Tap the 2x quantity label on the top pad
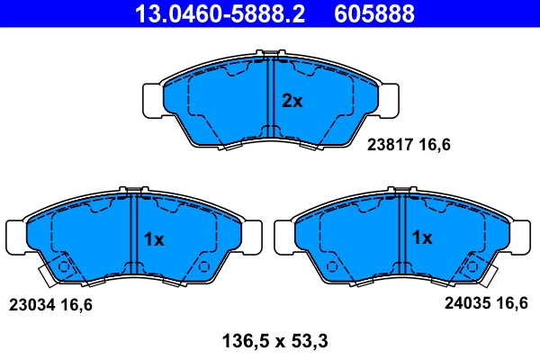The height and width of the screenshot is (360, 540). [x=292, y=102]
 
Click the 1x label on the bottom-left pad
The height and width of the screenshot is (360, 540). [x=154, y=239]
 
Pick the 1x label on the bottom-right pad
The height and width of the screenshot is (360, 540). [x=422, y=238]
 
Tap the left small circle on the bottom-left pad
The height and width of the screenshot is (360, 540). [x=63, y=267]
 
